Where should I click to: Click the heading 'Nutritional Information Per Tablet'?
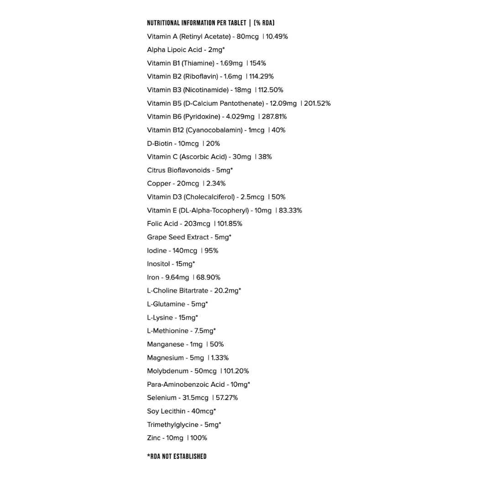pos(196,23)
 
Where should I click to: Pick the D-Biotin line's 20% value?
pos(213,143)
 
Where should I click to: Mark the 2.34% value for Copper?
pos(216,183)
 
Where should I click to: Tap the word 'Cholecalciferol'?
pos(210,197)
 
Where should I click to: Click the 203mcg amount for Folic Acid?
pos(197,224)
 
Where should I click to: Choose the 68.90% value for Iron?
pos(208,277)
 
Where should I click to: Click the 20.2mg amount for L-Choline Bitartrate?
pos(226,291)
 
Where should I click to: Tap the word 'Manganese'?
pos(165,344)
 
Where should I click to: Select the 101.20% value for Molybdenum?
pos(236,371)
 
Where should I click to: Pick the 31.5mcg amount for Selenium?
pos(195,398)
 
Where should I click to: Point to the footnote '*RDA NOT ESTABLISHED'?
pos(177,456)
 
